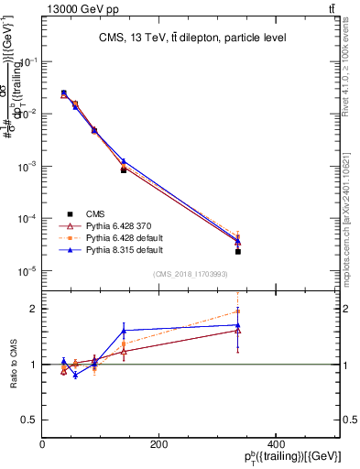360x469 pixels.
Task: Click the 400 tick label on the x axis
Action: click(x=275, y=444)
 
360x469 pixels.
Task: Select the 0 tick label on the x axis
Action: click(x=43, y=444)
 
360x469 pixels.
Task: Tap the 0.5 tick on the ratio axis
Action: click(x=31, y=420)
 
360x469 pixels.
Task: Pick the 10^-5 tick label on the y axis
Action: click(x=27, y=271)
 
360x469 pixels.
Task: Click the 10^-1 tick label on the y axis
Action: click(x=27, y=62)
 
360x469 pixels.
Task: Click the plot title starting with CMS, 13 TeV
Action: click(x=192, y=38)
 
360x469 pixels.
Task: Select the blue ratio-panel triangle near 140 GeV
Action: click(x=124, y=331)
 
